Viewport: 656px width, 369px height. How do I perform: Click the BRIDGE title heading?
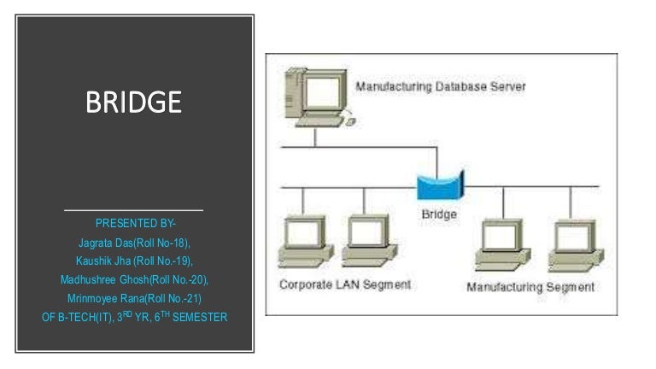click(x=133, y=103)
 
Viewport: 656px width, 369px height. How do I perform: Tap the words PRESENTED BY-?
click(x=134, y=224)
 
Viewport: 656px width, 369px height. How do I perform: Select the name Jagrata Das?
click(x=105, y=243)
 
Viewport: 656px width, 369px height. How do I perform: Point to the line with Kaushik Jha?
click(x=134, y=261)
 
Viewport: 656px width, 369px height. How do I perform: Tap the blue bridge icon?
click(x=439, y=184)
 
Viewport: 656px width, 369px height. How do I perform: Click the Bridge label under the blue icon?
click(x=439, y=214)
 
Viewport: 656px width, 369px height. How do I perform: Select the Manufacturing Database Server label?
click(x=440, y=86)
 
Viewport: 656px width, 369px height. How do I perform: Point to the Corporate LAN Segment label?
click(x=345, y=284)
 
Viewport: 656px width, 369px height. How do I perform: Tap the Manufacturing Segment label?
click(x=530, y=287)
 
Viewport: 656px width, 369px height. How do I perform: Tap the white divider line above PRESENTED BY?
click(x=134, y=209)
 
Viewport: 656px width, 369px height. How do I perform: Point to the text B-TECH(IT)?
click(x=83, y=317)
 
